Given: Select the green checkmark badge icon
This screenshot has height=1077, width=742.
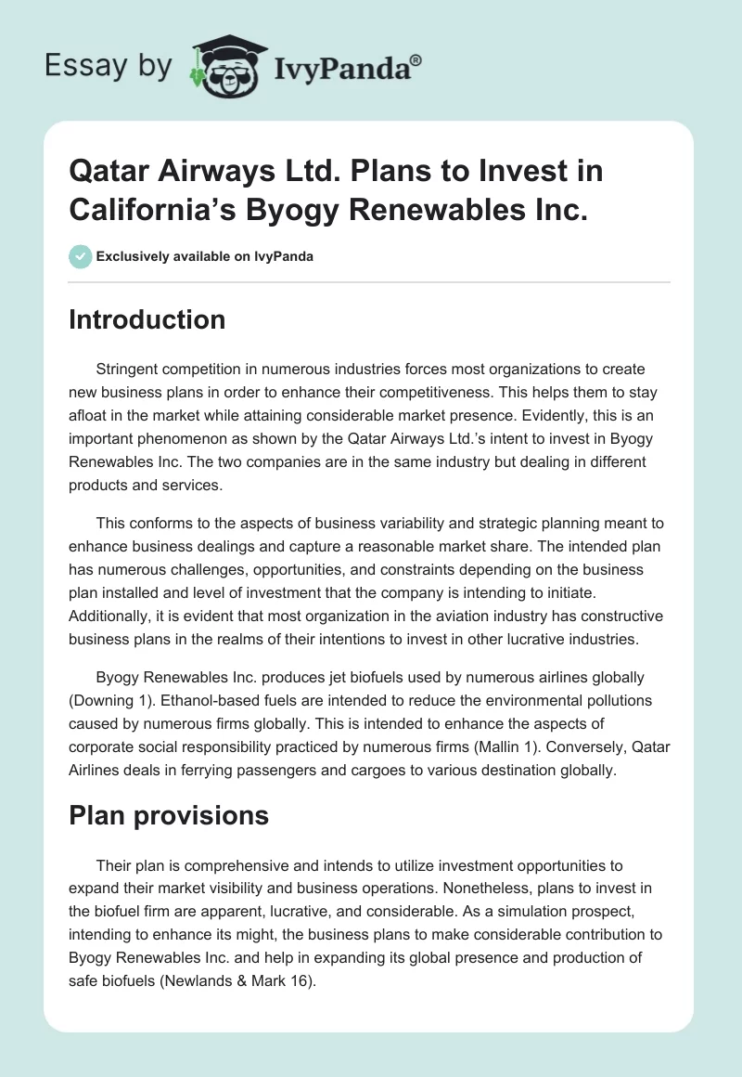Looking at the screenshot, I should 81,256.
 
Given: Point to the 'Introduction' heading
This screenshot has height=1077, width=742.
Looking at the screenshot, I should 147,319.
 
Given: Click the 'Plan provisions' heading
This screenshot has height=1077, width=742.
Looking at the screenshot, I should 169,815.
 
